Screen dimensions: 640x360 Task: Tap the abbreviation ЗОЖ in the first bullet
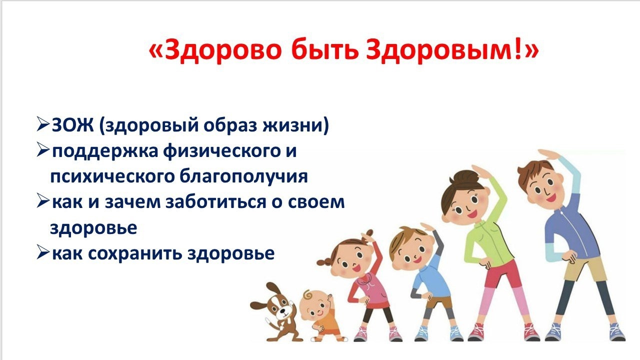click(x=73, y=125)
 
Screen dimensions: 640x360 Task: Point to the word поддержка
click(x=105, y=151)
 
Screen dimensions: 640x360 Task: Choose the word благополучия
click(x=243, y=177)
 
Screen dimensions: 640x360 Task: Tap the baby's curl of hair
click(x=307, y=294)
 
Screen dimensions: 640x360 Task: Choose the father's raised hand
click(x=549, y=155)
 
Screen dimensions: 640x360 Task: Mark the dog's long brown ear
click(x=258, y=305)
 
